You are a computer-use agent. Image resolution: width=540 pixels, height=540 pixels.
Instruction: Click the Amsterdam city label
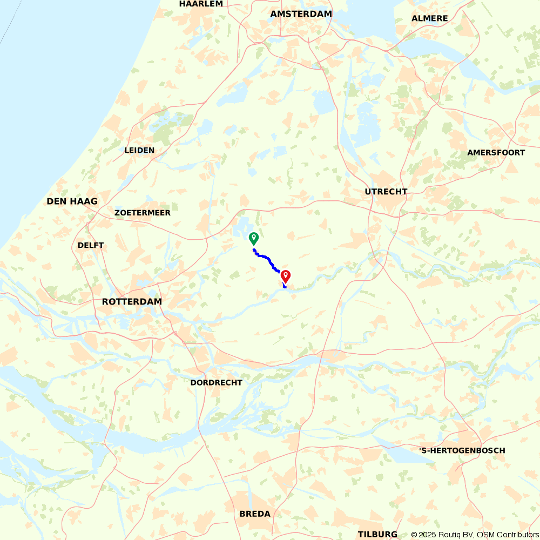point(301,14)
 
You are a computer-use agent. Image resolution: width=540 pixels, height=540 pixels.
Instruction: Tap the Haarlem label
point(201,4)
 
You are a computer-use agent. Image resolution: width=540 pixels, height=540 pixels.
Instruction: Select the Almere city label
point(429,18)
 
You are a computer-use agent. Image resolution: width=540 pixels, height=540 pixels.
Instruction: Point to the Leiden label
point(139,150)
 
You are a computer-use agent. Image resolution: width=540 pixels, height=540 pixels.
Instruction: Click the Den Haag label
point(72,201)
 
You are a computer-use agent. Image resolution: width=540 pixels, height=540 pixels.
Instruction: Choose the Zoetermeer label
point(143,213)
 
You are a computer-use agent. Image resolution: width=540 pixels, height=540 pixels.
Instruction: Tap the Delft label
point(91,245)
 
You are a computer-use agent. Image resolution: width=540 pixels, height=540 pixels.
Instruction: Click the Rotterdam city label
point(132,301)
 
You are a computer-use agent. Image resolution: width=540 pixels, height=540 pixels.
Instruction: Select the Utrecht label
point(386,192)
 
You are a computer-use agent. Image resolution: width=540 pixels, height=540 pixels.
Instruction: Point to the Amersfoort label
point(496,153)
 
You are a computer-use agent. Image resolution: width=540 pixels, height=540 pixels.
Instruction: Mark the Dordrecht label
point(216,382)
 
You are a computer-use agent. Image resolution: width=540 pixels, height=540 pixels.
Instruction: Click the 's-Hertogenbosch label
point(462,450)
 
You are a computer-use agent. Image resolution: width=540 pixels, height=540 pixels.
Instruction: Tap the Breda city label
point(255,514)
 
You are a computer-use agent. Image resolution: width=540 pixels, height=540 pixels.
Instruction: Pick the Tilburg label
point(377,534)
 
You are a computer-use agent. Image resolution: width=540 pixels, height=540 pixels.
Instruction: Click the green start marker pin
point(253,238)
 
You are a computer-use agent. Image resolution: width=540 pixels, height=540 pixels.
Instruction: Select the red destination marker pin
point(286,276)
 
